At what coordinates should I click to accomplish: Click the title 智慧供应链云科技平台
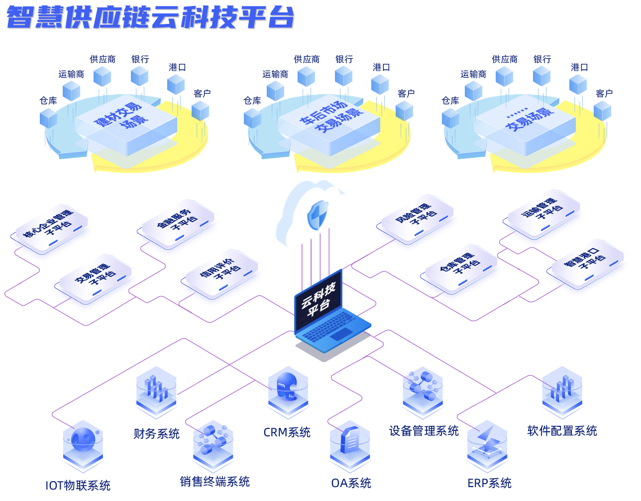(x=150, y=17)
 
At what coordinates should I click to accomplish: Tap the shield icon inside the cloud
(x=317, y=215)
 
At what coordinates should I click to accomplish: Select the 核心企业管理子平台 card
(x=50, y=227)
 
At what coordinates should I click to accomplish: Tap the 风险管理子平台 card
(x=417, y=217)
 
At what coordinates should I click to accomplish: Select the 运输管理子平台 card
(x=543, y=212)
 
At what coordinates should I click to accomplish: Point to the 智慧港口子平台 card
(x=588, y=262)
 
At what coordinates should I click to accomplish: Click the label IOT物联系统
(x=78, y=485)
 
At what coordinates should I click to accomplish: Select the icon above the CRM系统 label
(x=288, y=391)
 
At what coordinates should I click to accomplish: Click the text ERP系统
(x=489, y=483)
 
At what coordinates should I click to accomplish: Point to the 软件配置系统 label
(x=562, y=431)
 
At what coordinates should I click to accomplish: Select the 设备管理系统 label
(x=424, y=431)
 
